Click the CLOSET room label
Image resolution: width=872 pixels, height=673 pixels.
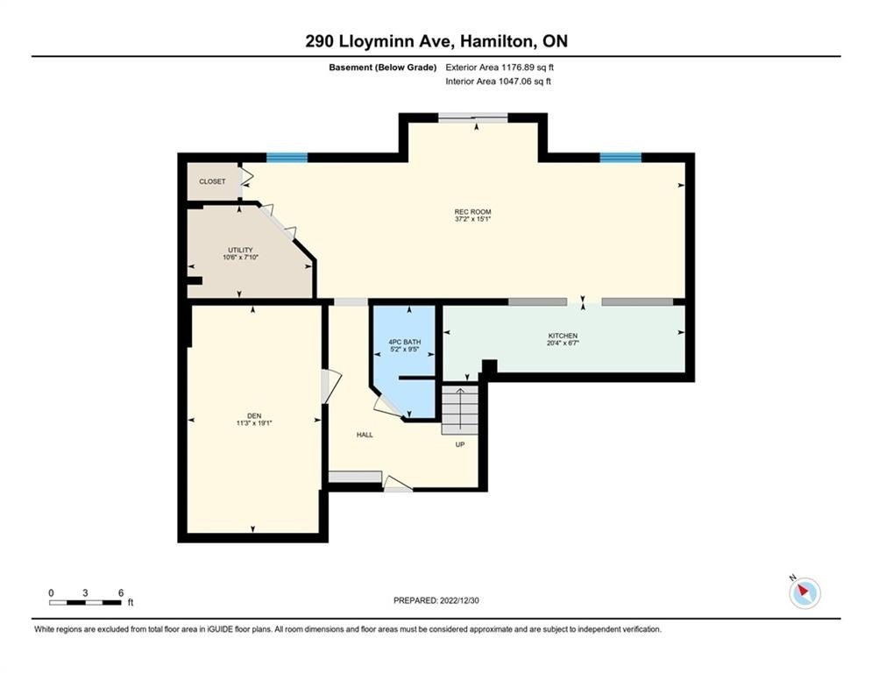[212, 181]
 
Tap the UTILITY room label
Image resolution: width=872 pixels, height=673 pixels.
[240, 251]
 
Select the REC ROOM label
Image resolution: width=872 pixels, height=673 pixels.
[472, 212]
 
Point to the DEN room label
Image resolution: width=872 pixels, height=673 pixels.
[254, 416]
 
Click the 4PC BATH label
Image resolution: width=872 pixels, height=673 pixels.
[404, 342]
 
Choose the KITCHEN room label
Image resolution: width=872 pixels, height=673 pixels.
[563, 336]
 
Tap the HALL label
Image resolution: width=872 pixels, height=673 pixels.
[365, 435]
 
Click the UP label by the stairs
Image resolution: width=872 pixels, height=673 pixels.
[460, 444]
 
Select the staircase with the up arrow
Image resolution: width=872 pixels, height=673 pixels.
[460, 410]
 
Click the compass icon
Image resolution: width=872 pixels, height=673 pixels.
[805, 592]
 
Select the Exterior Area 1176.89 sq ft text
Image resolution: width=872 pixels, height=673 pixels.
[500, 67]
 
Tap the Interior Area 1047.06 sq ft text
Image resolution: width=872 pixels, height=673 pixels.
[499, 81]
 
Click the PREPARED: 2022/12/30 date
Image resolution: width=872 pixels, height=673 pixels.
[436, 600]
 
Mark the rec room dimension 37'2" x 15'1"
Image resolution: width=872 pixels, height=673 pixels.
[472, 219]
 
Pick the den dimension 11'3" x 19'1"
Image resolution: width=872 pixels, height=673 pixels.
[254, 423]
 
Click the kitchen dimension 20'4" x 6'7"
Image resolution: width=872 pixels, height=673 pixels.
[563, 344]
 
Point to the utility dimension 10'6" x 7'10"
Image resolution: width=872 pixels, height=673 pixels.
[240, 258]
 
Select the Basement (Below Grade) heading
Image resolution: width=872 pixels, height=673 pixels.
[383, 67]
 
